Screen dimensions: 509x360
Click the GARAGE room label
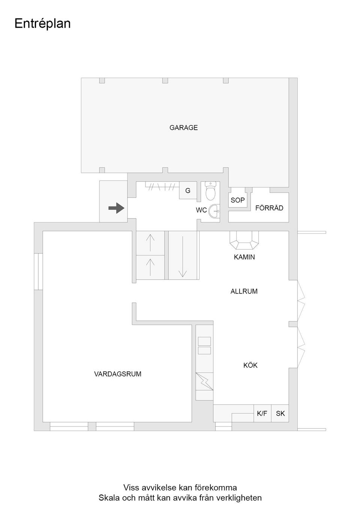click(x=183, y=128)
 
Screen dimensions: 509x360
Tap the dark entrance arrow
click(x=116, y=208)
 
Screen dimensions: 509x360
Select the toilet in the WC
click(x=211, y=191)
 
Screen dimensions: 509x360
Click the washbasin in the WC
click(x=214, y=211)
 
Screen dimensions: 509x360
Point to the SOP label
click(x=237, y=200)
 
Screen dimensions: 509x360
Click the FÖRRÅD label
click(x=269, y=208)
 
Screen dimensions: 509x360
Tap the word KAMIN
click(x=244, y=257)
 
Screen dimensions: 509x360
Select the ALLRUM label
click(x=244, y=291)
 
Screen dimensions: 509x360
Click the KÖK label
click(x=250, y=365)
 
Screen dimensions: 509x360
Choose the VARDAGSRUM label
click(x=118, y=374)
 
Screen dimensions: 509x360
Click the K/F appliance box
click(x=262, y=413)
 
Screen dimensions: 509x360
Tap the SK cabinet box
click(x=280, y=413)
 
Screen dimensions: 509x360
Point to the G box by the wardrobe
click(x=188, y=191)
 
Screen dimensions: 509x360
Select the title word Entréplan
click(x=42, y=24)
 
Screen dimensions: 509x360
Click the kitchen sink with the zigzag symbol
click(x=204, y=381)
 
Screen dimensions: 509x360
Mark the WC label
click(x=201, y=210)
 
